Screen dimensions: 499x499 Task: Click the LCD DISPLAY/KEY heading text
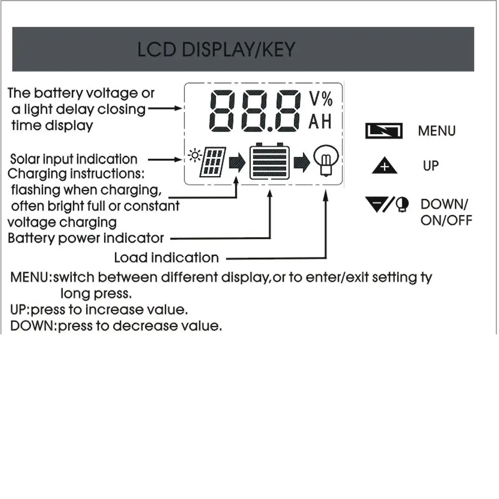click(x=216, y=49)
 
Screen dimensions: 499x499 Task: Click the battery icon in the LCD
click(x=269, y=162)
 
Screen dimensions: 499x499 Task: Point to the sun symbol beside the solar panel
click(x=194, y=156)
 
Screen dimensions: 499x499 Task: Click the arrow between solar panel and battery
click(x=237, y=162)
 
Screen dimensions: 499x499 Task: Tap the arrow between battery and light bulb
click(x=302, y=162)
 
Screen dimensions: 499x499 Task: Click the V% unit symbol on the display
click(x=321, y=99)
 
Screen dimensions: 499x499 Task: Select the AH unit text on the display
click(x=320, y=122)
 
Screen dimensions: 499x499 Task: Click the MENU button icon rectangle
click(x=384, y=131)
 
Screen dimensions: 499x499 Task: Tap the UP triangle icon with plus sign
click(x=384, y=166)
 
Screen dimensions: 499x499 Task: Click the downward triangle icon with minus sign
click(x=376, y=204)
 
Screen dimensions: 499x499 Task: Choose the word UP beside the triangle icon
click(x=431, y=166)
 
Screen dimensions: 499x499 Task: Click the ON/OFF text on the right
click(x=446, y=220)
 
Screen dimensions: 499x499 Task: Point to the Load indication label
click(x=166, y=258)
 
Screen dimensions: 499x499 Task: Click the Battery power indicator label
click(x=86, y=238)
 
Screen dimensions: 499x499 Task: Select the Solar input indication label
click(x=74, y=159)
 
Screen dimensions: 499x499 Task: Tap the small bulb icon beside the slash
click(x=402, y=205)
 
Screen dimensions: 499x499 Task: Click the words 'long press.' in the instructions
click(x=96, y=294)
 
